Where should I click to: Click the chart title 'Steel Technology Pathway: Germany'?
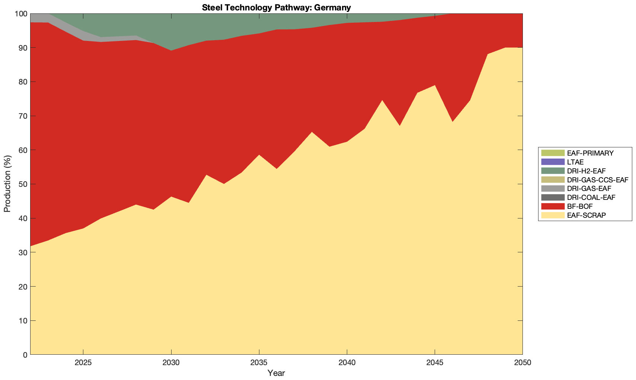click(276, 7)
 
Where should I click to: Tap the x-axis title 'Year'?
click(276, 373)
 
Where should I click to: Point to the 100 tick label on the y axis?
click(21, 14)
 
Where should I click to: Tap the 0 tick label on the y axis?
click(25, 355)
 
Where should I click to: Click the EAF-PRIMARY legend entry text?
click(590, 153)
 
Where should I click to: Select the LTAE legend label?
click(575, 162)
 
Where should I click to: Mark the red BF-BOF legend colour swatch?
click(553, 206)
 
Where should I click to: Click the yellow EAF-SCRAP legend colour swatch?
click(553, 215)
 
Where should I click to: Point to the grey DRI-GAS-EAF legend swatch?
click(553, 188)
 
